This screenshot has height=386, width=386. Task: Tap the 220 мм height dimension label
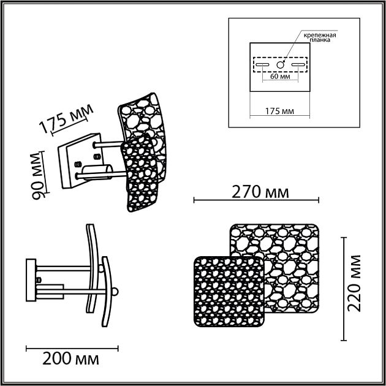point(355,284)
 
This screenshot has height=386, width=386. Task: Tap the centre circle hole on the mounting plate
point(281,64)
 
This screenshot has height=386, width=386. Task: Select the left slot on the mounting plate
point(262,64)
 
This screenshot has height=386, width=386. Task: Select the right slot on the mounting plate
point(298,64)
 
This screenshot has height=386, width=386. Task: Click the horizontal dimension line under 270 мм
point(256,200)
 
